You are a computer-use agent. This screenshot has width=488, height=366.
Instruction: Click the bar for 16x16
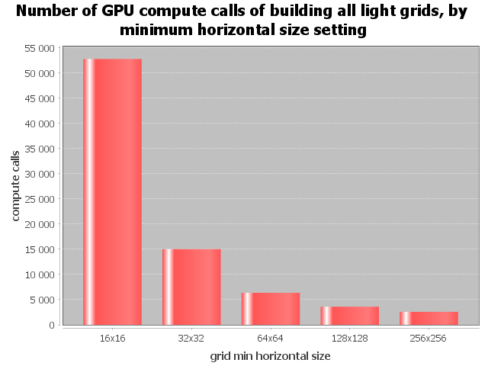tap(112, 191)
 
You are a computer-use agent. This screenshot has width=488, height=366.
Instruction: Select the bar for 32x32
tap(191, 287)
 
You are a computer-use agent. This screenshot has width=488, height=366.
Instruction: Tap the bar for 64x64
tap(271, 309)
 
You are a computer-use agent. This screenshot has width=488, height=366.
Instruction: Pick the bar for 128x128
tap(350, 316)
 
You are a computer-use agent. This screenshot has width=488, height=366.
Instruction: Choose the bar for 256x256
tap(429, 318)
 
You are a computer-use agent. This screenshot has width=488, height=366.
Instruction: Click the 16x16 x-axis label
tap(112, 337)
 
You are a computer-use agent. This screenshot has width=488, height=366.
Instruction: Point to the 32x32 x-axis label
tap(191, 337)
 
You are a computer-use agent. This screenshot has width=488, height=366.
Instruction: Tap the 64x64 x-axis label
tap(271, 337)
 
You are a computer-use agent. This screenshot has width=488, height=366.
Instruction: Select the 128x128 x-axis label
tap(350, 337)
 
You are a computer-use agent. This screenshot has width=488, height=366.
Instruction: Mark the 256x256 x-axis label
tap(429, 337)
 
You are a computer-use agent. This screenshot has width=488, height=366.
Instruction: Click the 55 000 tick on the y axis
tap(40, 48)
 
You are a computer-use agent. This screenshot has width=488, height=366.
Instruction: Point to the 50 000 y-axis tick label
tap(40, 73)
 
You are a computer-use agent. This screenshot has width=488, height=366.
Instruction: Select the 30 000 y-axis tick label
tap(40, 174)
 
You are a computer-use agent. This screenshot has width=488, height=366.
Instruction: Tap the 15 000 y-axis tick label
tap(40, 249)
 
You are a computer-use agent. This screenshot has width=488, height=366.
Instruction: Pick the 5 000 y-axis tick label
tap(42, 300)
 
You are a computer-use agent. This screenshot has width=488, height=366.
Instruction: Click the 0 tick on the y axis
tap(52, 325)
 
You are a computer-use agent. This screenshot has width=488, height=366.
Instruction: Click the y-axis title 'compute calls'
tap(16, 186)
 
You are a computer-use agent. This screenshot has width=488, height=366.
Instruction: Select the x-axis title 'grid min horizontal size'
tap(270, 355)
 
